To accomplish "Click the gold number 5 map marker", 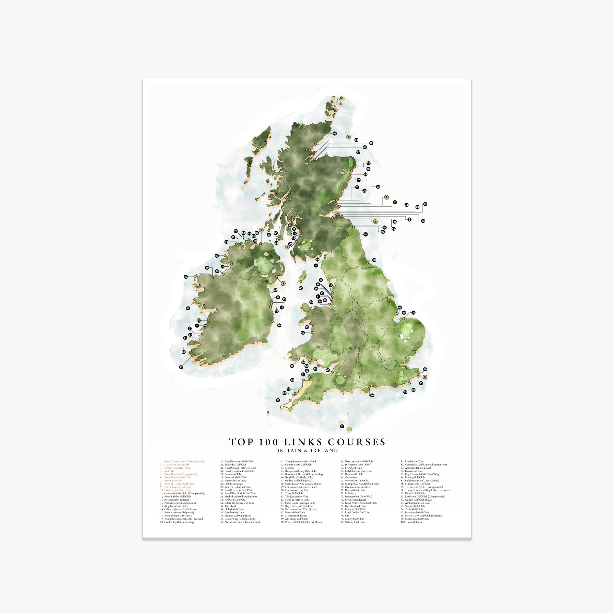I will (x=349, y=137).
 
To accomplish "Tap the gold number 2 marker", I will (x=386, y=197).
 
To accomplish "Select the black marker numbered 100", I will (x=366, y=234).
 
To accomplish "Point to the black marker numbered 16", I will (x=371, y=143).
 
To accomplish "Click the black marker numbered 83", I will (x=423, y=221).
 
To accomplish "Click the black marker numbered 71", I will (x=342, y=427).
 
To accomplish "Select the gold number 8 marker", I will (x=425, y=377).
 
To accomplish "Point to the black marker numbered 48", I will (x=186, y=277).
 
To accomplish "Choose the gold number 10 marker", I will (x=199, y=321).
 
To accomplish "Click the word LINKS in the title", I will (x=303, y=442).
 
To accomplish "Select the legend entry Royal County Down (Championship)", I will (x=184, y=462).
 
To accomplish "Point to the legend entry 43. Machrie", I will (x=289, y=468).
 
